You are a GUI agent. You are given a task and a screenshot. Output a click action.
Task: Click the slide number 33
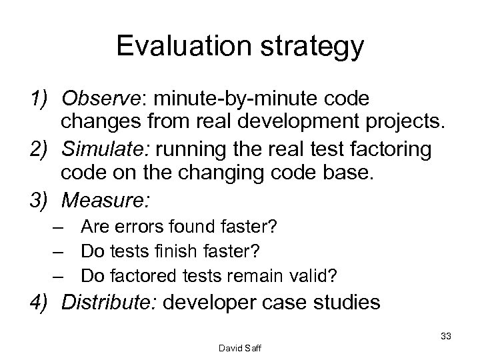[x=446, y=336]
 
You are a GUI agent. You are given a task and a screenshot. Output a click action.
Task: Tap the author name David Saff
[x=239, y=348]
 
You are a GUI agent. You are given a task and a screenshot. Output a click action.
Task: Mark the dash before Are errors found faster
[x=60, y=229]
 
